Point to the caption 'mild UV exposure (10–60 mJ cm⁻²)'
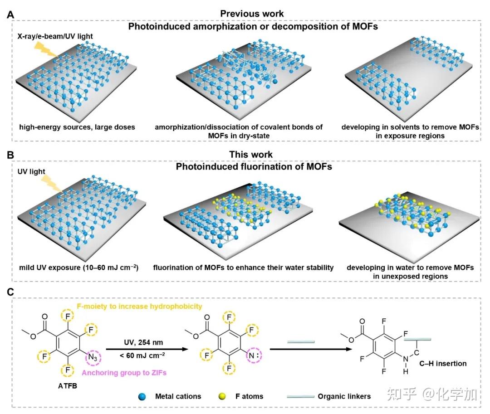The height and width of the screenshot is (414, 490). pos(79,268)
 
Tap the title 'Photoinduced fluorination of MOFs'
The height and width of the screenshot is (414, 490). pos(254,166)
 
